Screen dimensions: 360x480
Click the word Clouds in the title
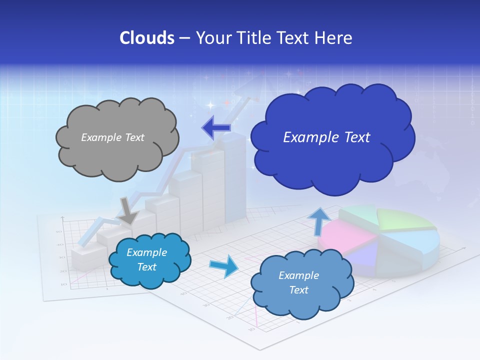[147, 38]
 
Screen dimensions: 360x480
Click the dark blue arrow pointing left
[216, 128]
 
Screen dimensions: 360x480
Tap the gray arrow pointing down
[128, 210]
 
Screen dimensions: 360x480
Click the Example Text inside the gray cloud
[112, 137]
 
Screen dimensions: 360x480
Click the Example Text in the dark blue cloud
[326, 137]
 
